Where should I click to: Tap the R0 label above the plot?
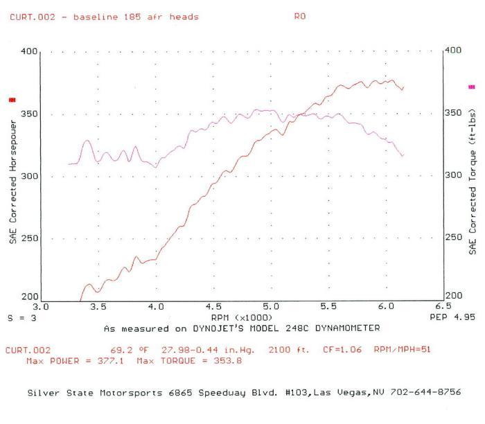[x=299, y=17]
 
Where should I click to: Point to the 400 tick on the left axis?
[x=29, y=51]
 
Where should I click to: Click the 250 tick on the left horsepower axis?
[x=29, y=238]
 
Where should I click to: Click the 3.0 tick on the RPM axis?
[x=42, y=306]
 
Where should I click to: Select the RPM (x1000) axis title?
[x=241, y=317]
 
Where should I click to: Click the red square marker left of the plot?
[x=11, y=100]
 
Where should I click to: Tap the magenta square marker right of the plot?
[x=473, y=87]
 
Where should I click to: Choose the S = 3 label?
[x=19, y=317]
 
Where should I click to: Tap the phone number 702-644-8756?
[x=425, y=391]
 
